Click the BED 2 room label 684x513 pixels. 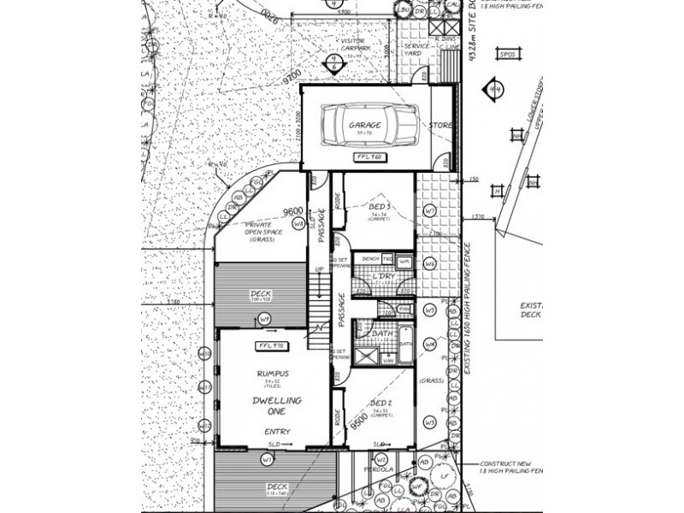380,401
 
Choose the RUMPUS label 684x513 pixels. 271,374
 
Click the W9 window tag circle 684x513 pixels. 264,320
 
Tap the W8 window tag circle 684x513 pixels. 298,224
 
